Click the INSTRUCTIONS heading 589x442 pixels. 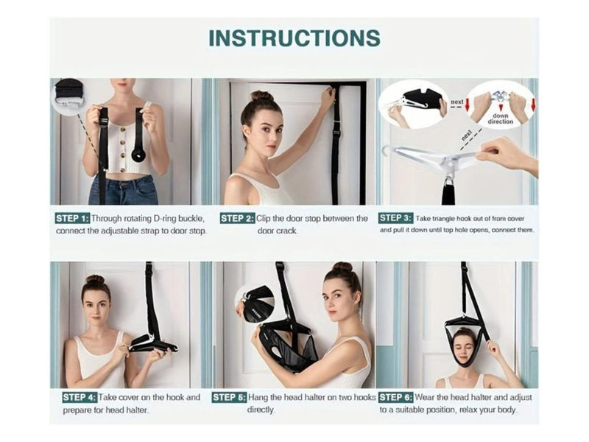[x=294, y=38]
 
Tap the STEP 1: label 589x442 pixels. [x=72, y=218]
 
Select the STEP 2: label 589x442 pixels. [x=237, y=218]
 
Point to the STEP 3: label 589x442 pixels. [x=395, y=218]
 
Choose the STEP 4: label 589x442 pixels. [x=80, y=397]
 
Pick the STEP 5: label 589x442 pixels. [x=229, y=397]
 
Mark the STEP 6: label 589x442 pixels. [x=396, y=397]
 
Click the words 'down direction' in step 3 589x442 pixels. [x=501, y=119]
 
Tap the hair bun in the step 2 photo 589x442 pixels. [x=262, y=97]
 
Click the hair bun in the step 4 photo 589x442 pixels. [x=95, y=279]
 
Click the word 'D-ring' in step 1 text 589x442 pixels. [x=163, y=218]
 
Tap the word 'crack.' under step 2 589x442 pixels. [x=278, y=231]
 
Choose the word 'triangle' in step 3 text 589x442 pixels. [x=444, y=219]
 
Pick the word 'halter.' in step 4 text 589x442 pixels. [x=135, y=410]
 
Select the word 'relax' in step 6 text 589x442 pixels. [x=471, y=410]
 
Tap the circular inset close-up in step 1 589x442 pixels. [x=69, y=95]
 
